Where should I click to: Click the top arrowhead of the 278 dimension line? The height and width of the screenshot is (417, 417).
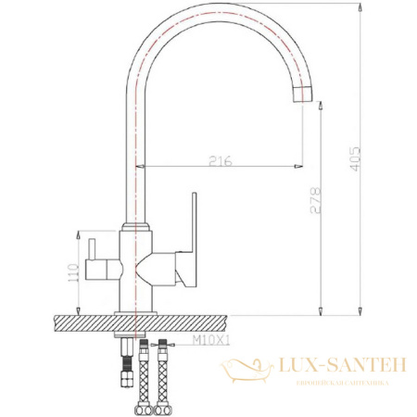point(321,105)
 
